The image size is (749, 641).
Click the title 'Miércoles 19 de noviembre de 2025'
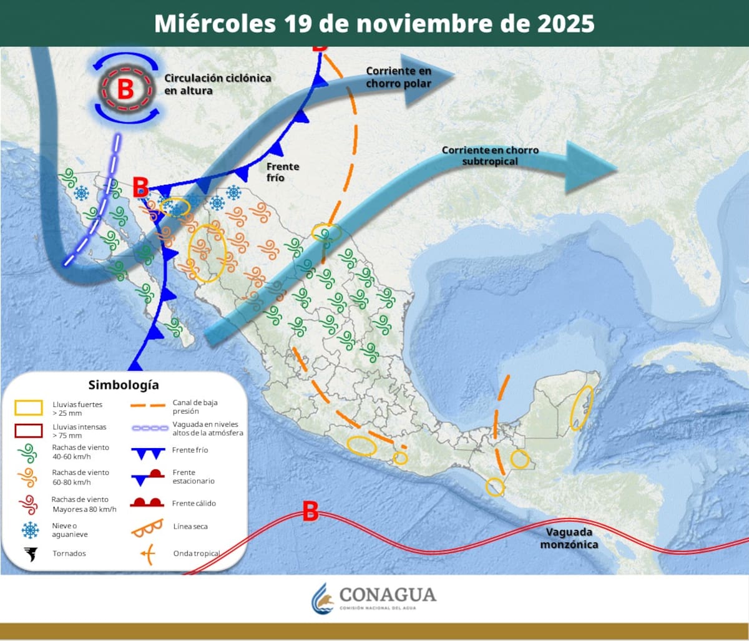point(374,23)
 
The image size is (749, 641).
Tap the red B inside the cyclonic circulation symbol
point(125,89)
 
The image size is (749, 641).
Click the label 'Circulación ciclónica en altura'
point(217,84)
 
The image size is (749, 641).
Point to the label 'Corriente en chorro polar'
point(398,77)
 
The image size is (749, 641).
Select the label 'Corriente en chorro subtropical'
point(490,155)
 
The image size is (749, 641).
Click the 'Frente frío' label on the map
point(282,172)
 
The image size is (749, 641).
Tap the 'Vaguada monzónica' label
point(569,538)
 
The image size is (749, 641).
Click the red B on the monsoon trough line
point(310,511)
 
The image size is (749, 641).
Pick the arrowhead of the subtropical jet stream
point(590,167)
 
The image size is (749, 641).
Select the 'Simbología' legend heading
point(124,384)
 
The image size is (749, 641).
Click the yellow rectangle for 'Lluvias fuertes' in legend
point(29,408)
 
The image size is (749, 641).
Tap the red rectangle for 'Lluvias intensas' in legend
point(29,431)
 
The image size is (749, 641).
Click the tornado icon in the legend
point(29,554)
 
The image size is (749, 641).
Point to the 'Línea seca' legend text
point(190,527)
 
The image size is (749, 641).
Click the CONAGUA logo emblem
point(323,599)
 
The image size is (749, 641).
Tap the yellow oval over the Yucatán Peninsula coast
point(582,408)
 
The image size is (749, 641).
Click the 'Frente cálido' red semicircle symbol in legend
point(147,502)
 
